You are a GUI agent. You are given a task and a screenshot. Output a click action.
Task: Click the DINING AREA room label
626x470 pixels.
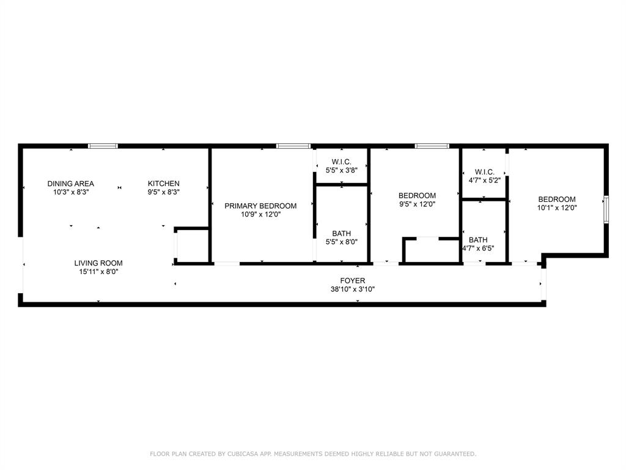[x=71, y=184]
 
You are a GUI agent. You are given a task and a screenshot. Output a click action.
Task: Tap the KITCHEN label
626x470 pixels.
[x=164, y=184]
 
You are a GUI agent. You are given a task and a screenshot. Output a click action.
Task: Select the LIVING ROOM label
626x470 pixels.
[x=98, y=263]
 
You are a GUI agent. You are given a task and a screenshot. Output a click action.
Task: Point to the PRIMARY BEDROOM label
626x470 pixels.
[x=260, y=206]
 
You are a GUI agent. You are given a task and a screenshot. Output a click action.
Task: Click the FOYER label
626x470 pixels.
[x=353, y=281]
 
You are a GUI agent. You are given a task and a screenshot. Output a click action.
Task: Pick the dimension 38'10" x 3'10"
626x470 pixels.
[x=353, y=289]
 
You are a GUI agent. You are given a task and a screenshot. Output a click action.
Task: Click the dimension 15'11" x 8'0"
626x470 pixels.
[x=98, y=272]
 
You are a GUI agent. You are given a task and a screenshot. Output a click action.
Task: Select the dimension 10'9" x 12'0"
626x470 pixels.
[x=260, y=215]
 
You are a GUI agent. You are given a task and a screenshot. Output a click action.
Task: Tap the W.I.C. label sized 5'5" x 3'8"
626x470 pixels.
[x=342, y=162]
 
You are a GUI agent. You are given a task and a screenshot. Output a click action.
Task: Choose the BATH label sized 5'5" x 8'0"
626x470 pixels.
[x=342, y=233]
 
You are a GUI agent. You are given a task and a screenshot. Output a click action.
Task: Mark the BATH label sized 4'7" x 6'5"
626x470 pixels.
[x=479, y=240]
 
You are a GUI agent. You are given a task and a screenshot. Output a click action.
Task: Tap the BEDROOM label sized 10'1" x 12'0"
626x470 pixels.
[x=556, y=199]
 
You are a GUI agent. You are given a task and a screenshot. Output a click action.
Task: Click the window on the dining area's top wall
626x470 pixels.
[x=103, y=146]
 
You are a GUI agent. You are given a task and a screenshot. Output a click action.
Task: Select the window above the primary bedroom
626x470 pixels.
[x=293, y=146]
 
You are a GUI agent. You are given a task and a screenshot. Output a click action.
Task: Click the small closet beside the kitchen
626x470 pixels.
[x=192, y=246]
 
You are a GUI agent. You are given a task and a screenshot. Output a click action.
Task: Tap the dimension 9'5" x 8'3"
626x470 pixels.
[x=164, y=192]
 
